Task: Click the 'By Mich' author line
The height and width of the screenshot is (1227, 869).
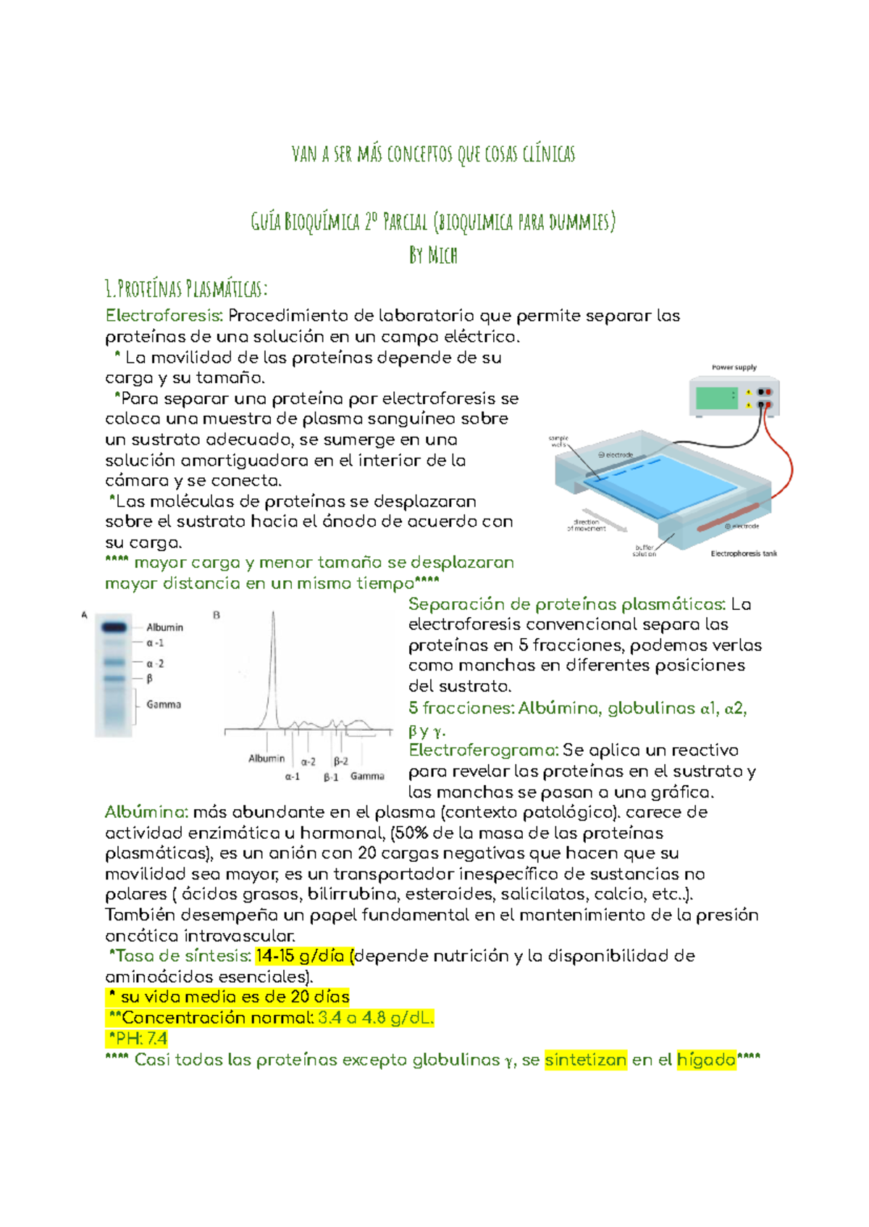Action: coord(433,255)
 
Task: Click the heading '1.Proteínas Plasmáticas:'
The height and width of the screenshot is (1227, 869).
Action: coord(186,289)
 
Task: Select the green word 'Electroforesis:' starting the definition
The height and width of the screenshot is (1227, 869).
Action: coord(164,316)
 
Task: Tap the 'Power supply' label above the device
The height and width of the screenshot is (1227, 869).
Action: coord(734,367)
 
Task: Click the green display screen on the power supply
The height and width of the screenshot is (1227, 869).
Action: coord(716,398)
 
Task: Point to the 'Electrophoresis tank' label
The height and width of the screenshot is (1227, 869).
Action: coord(744,553)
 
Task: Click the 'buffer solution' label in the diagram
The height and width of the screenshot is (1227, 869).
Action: coord(644,550)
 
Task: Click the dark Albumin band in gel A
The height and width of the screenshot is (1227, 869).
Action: coord(114,627)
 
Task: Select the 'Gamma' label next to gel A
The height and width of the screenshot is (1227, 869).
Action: coord(164,704)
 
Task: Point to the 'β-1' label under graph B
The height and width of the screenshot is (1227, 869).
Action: coord(331,777)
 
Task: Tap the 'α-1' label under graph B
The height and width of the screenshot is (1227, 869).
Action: coord(292,776)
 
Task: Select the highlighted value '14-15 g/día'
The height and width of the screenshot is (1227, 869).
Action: coord(300,956)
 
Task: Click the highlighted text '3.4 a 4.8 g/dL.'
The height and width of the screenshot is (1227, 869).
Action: coord(376,1018)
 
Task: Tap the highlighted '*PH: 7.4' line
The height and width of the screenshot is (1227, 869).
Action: coord(138,1039)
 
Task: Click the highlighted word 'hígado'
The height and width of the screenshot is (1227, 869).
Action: coord(706,1060)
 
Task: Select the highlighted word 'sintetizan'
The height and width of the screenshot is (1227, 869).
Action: coord(585,1060)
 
